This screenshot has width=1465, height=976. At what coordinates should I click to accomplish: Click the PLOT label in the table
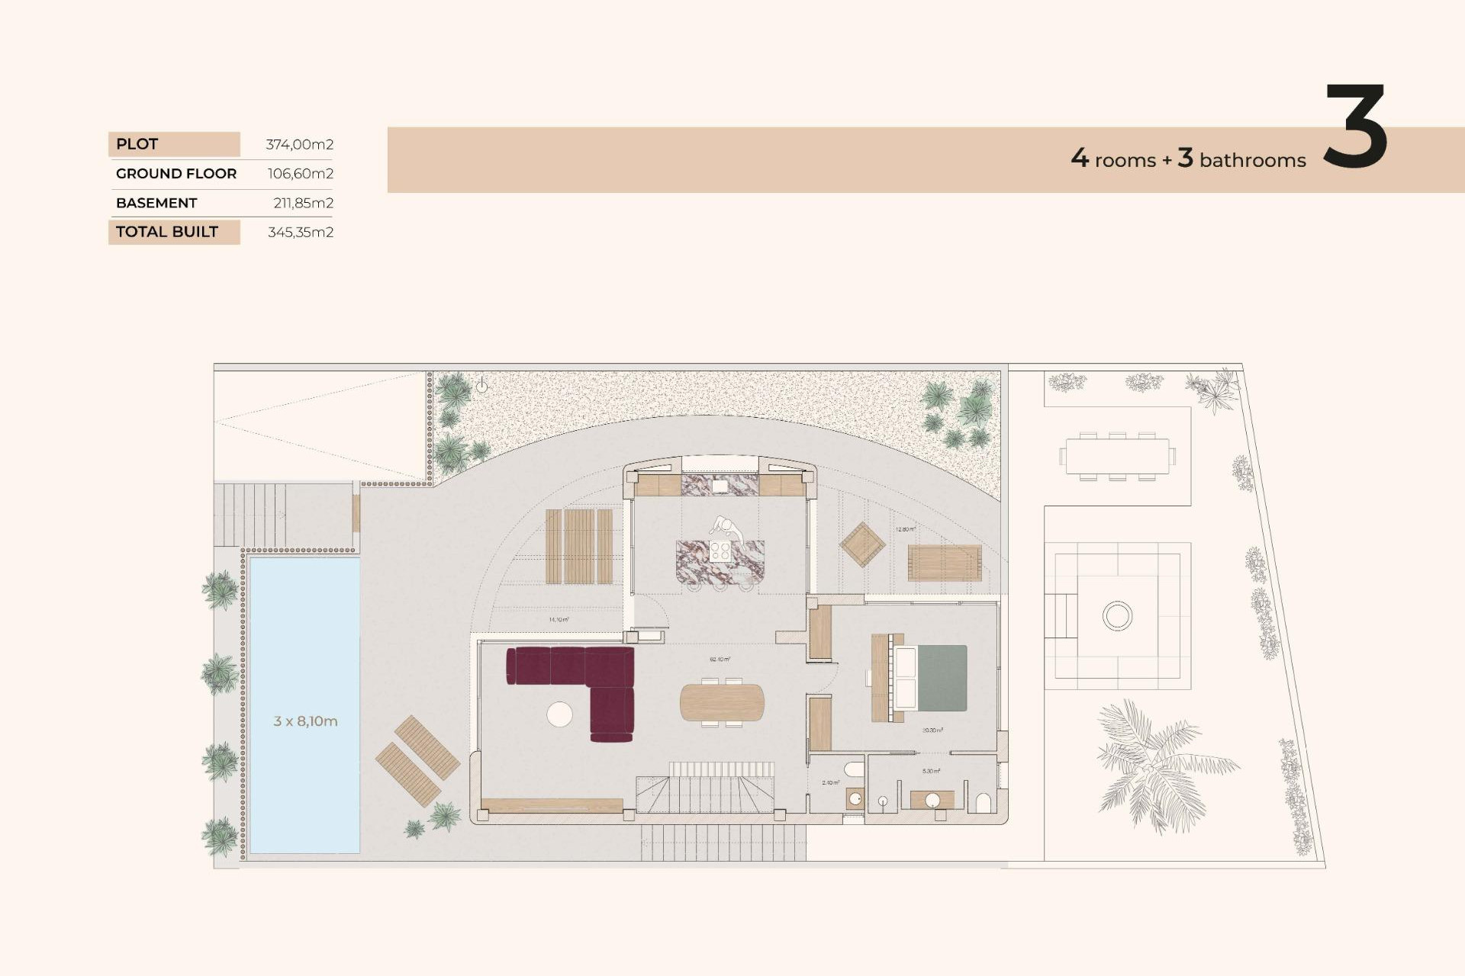[137, 144]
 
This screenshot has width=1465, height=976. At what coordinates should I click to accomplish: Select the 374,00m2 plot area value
[299, 144]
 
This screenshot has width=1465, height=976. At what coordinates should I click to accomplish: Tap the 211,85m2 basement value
[303, 203]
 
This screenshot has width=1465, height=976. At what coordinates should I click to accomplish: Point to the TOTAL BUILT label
[167, 232]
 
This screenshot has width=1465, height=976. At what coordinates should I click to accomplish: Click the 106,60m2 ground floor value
[300, 174]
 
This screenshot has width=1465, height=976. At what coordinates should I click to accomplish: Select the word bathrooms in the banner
[1252, 160]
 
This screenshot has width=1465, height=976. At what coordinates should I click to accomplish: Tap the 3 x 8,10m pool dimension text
[305, 721]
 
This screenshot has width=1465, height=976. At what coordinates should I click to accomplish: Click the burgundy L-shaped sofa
[603, 679]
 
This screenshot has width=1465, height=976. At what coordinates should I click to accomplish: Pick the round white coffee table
[559, 714]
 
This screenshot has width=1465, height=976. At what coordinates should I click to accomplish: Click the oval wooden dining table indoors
[722, 702]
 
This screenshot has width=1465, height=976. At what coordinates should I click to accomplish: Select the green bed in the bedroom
[942, 678]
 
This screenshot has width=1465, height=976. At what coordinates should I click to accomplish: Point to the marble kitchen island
[720, 562]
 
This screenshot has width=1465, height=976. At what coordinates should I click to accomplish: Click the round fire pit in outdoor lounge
[1117, 615]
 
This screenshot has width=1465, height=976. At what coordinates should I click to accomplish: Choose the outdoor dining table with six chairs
[1117, 457]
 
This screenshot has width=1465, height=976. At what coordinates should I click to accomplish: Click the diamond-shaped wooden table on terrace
[862, 544]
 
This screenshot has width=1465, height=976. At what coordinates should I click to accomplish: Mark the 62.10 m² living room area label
[720, 659]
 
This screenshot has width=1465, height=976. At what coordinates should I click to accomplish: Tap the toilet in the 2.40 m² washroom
[855, 798]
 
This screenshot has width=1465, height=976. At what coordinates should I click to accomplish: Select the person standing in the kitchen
[726, 528]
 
